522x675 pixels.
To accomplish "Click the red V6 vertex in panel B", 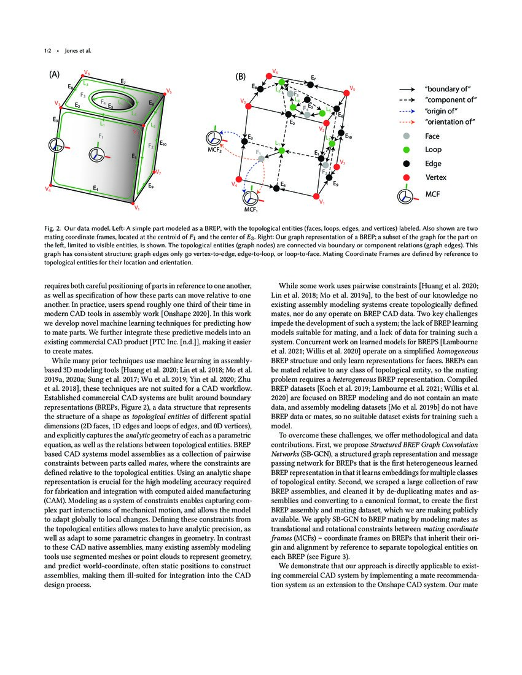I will (268, 76).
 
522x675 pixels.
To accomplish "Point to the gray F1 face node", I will (262, 158).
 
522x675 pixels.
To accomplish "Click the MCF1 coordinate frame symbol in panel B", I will (249, 198).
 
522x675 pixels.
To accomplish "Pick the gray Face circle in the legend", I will (406, 135).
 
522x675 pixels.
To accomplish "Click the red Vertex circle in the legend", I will (406, 177).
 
